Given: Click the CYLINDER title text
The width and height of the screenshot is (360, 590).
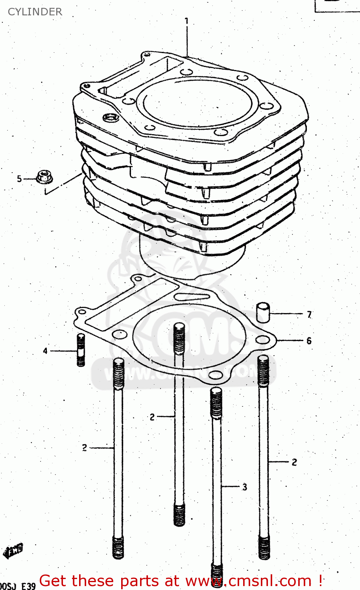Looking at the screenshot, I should pos(35,12).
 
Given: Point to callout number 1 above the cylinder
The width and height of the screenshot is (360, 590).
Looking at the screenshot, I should pos(186,21).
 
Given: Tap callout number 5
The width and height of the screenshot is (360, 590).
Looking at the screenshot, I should pos(19,179).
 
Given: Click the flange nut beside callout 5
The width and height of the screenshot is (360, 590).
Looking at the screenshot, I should pos(44,177).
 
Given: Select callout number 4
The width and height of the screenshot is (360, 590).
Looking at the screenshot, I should pos(45,350).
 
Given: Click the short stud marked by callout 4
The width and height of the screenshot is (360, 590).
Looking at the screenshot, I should pos(81,350).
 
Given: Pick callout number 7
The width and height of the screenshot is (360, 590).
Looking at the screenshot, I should pos(309,315).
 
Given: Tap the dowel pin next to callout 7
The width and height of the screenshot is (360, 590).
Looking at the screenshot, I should pos(263,312).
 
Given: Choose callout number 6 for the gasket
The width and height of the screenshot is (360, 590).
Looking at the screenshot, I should pos(309,341).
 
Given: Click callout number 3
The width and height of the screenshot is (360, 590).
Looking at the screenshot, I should pos(244,487).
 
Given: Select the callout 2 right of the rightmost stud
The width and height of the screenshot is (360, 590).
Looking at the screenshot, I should pos(294,462).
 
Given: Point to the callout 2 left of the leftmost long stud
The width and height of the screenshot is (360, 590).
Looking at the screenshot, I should pos(85,448).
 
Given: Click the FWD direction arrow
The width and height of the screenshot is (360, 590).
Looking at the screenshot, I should pos(13,550).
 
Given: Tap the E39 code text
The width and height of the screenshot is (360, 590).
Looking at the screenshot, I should pos(28,586).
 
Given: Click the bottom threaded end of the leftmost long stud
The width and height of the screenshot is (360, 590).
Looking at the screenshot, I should pos(118,547).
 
